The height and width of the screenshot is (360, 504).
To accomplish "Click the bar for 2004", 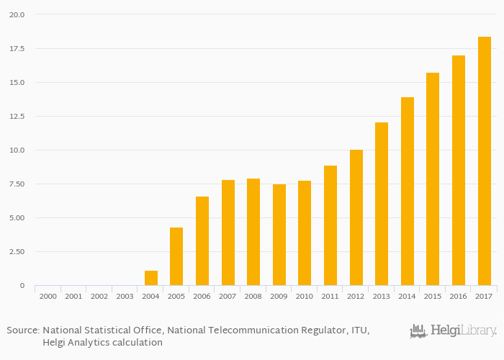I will click(x=151, y=278).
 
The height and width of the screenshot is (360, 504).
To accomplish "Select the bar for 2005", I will click(x=176, y=256).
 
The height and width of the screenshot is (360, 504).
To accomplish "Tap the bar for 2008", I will click(x=253, y=232).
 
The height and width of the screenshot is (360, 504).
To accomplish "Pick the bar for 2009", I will click(x=279, y=235).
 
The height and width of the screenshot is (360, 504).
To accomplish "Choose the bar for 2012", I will click(x=356, y=217).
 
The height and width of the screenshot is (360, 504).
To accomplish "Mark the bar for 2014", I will click(x=408, y=191).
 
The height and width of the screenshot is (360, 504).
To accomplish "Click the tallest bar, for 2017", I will click(x=485, y=161).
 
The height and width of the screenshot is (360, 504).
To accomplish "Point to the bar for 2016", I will click(x=459, y=170).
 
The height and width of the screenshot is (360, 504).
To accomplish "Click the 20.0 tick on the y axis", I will click(x=18, y=14).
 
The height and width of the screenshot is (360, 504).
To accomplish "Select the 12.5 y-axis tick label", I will click(x=18, y=117).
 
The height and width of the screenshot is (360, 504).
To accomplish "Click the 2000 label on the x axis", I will click(x=48, y=296).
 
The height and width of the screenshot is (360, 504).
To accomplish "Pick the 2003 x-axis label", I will click(x=125, y=296).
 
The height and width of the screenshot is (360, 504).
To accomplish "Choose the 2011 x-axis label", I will click(x=330, y=296).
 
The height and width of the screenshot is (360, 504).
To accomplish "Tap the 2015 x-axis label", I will click(x=433, y=296).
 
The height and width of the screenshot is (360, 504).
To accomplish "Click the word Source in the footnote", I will click(x=23, y=330).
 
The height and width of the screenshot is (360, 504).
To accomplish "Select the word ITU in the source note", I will click(x=358, y=330).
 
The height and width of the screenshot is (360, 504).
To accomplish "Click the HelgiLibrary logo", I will click(x=453, y=331).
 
